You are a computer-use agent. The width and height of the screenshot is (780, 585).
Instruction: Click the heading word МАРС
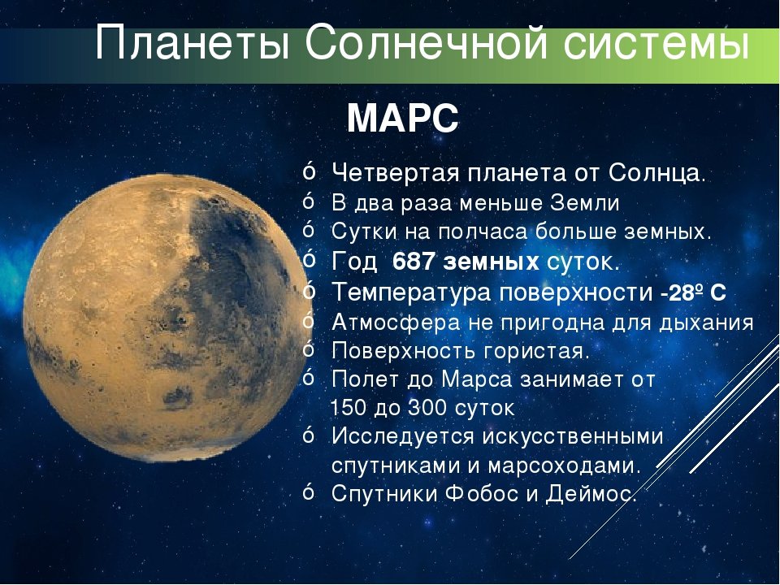pos(402,119)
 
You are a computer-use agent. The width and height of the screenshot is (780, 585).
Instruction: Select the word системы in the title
pos(656,45)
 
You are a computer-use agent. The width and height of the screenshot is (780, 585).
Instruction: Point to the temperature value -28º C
pos(693,292)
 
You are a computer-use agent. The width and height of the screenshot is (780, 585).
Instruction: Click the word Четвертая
pos(396,173)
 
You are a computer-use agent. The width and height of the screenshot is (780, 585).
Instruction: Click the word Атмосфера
pos(396,323)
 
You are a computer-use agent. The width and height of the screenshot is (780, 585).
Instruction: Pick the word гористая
pos(536,351)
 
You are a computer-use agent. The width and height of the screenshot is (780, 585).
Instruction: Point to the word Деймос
pos(591,494)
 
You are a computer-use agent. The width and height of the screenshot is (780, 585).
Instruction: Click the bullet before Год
pos(309,260)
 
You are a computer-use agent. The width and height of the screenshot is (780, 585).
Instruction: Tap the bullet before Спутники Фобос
pos(309,492)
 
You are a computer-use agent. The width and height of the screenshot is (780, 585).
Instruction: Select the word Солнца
pos(656,174)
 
